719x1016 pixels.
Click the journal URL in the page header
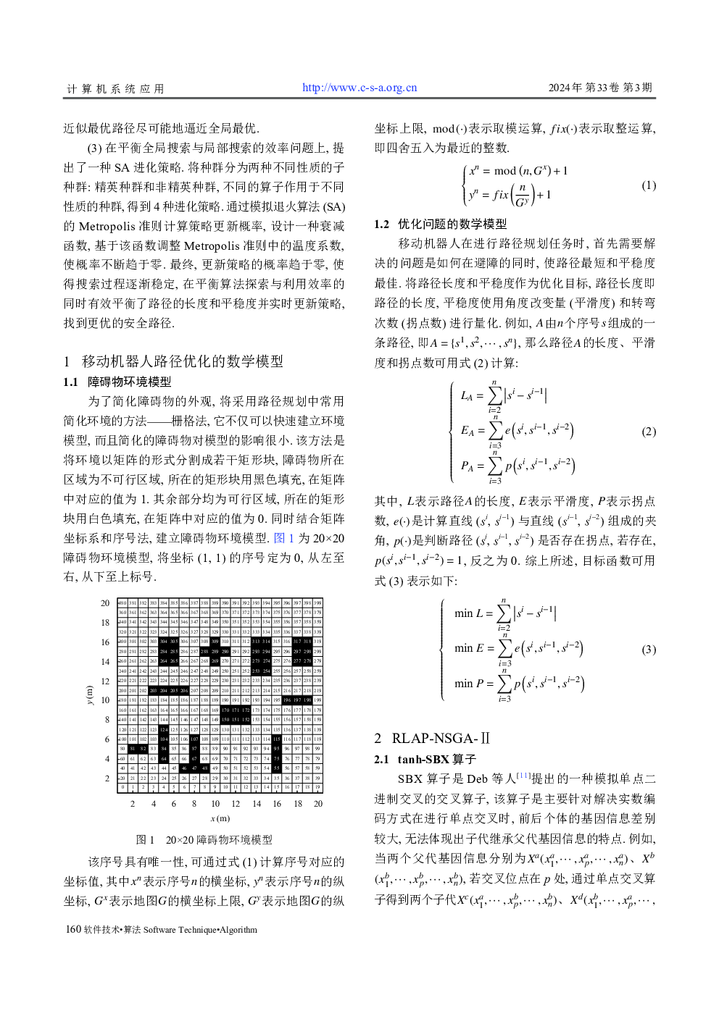(x=359, y=88)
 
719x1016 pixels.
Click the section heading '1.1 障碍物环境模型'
(x=117, y=382)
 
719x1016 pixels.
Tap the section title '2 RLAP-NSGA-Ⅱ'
(x=432, y=738)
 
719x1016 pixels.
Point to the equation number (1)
(x=649, y=185)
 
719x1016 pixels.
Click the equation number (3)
(x=649, y=649)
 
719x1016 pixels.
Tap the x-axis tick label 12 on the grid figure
(x=236, y=803)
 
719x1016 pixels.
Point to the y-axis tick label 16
(x=105, y=642)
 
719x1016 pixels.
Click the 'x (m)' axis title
(x=220, y=818)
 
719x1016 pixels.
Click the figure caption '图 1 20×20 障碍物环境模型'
(x=204, y=840)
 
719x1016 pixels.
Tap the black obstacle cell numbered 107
(x=194, y=739)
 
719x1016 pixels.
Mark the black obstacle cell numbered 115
(x=277, y=739)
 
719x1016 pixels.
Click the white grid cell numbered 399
(x=317, y=603)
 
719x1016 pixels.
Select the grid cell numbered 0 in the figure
(x=122, y=787)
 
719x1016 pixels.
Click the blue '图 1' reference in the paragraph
(x=284, y=538)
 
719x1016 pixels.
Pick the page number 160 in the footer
(x=72, y=929)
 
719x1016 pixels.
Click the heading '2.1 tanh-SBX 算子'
(x=425, y=759)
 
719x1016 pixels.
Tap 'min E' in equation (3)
(x=468, y=648)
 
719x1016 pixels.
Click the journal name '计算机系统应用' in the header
(x=115, y=88)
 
